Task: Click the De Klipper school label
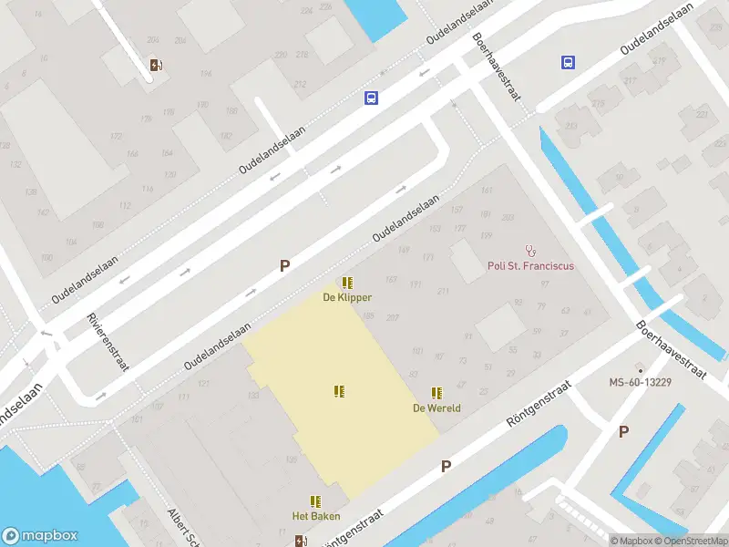[347, 297]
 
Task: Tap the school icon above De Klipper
[347, 283]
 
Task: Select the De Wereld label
[436, 408]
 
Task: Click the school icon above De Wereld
[436, 393]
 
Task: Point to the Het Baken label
[315, 516]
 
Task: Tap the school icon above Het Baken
[315, 501]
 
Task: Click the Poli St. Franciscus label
[530, 266]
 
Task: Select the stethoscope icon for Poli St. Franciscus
[530, 250]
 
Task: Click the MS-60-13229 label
[640, 382]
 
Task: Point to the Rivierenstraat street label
[108, 343]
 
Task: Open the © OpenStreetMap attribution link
[691, 541]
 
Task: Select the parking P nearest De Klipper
[284, 266]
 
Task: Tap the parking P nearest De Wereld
[446, 467]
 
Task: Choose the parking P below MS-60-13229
[623, 432]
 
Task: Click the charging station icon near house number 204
[156, 64]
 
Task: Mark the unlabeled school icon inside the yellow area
[339, 391]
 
